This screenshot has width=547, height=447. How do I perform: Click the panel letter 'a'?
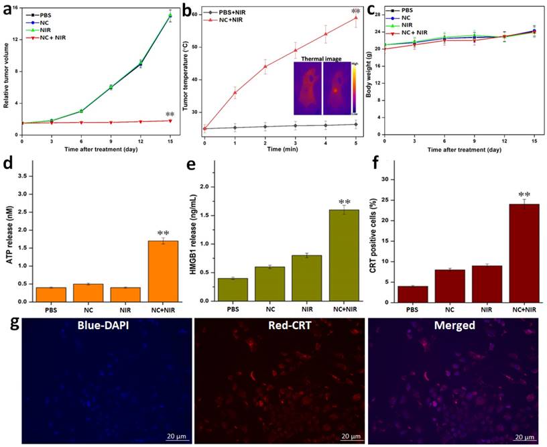pyautogui.click(x=8, y=8)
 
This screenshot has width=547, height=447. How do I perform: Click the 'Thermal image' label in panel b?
pyautogui.click(x=322, y=59)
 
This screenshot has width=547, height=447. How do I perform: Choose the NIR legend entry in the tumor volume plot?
pyautogui.click(x=45, y=29)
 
